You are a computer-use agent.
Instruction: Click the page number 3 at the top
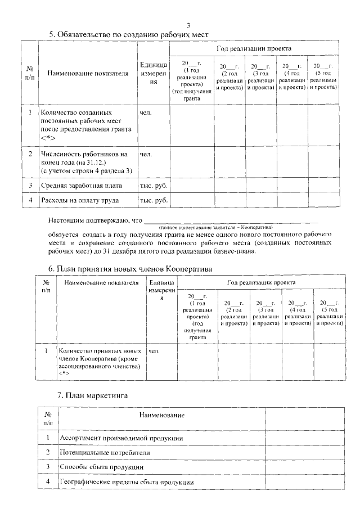[188, 25]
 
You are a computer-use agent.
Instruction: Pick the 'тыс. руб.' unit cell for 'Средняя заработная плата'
[154, 185]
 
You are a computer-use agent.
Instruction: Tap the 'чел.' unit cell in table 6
[154, 351]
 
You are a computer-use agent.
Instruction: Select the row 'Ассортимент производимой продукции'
[121, 438]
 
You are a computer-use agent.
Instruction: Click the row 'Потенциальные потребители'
[105, 452]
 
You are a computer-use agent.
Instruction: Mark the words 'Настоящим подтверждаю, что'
[96, 221]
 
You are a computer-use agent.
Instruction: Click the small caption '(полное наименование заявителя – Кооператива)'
[216, 226]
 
